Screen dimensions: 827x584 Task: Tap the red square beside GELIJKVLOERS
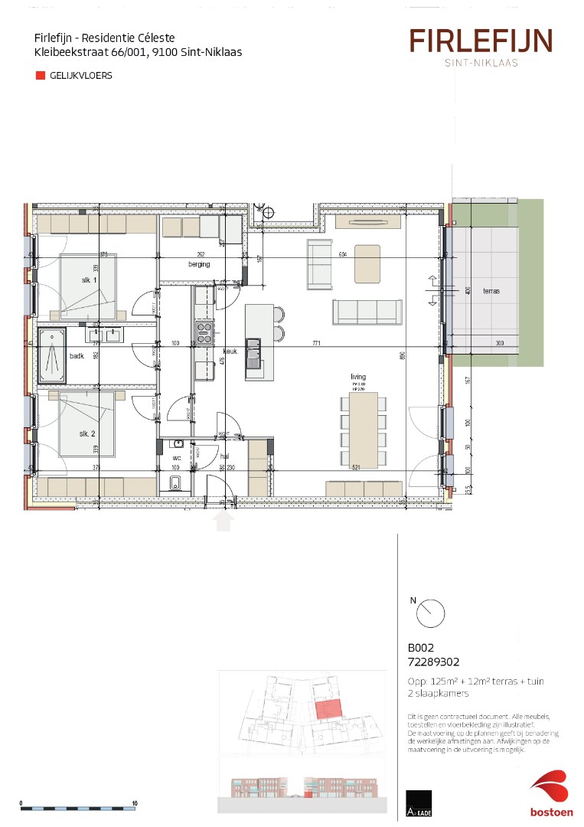[x=40, y=76]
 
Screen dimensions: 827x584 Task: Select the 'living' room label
[x=358, y=377]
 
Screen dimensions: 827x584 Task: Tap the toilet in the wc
[x=175, y=481]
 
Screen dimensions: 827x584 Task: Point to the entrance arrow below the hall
[x=223, y=521]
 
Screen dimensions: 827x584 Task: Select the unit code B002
[x=420, y=647]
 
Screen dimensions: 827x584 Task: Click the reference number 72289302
[x=434, y=660]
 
